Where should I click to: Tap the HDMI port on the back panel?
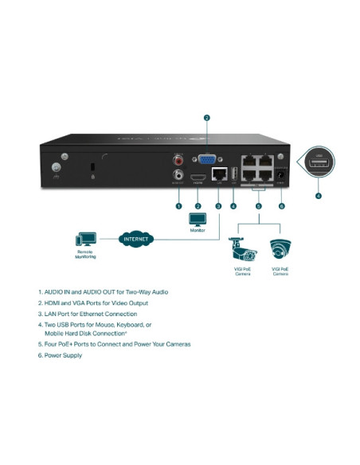pyautogui.click(x=198, y=177)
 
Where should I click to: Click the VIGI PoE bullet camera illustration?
pyautogui.click(x=242, y=251)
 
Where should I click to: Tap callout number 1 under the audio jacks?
pyautogui.click(x=178, y=205)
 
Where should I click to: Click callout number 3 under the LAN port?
pyautogui.click(x=217, y=205)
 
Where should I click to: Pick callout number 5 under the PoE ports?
pyautogui.click(x=257, y=205)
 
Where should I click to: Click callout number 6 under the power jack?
pyautogui.click(x=281, y=205)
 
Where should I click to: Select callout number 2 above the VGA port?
pyautogui.click(x=206, y=118)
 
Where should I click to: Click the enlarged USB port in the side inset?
pyautogui.click(x=319, y=165)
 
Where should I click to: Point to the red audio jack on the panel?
pyautogui.click(x=178, y=162)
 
